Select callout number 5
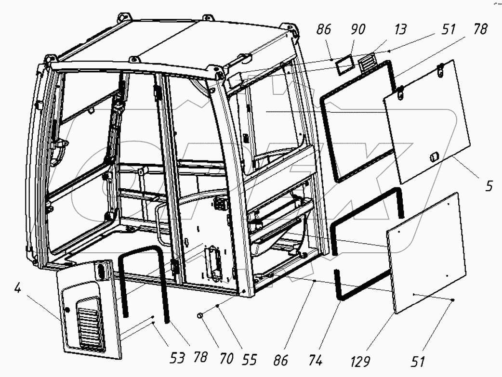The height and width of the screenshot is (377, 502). coord(489,186)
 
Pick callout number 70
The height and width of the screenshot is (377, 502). coord(226,359)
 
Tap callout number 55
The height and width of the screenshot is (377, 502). coord(250,359)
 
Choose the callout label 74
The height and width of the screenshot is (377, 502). coord(317,359)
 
